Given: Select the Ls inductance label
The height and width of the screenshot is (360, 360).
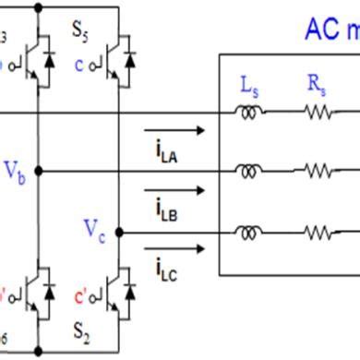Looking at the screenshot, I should click(x=250, y=88).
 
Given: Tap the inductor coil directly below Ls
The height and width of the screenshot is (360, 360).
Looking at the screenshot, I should click(x=249, y=112).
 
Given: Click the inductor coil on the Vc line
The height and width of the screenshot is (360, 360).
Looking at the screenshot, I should click(x=249, y=233).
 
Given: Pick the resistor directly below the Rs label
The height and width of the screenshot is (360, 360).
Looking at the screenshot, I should click(x=318, y=113).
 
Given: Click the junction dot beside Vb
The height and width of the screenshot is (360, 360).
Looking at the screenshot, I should click(x=38, y=172).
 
